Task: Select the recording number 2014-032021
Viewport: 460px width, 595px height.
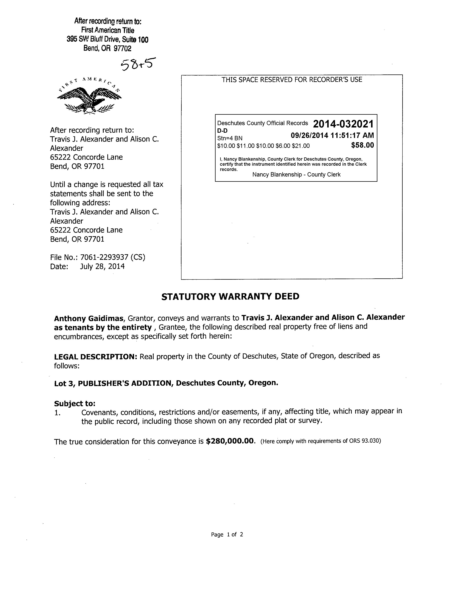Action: tap(343, 124)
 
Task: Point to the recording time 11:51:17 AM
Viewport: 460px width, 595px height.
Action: tap(352, 135)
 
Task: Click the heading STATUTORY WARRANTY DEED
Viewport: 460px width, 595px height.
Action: tap(230, 296)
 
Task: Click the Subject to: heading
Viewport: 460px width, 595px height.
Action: tap(75, 404)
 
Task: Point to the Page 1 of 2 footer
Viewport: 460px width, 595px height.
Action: tap(227, 535)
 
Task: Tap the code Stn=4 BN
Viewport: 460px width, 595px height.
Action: tap(230, 138)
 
